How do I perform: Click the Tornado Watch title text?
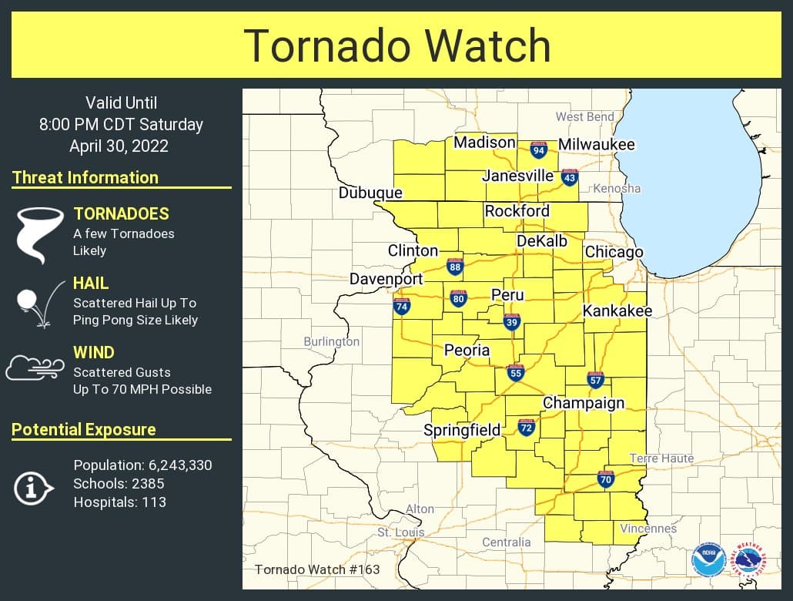pyautogui.click(x=396, y=45)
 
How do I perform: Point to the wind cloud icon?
pyautogui.click(x=35, y=368)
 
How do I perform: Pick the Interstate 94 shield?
pyautogui.click(x=539, y=149)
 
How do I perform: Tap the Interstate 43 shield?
pyautogui.click(x=569, y=177)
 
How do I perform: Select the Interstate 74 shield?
pyautogui.click(x=401, y=306)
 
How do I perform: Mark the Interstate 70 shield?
pyautogui.click(x=606, y=479)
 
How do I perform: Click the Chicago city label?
pyautogui.click(x=614, y=252)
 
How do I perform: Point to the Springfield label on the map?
pyautogui.click(x=463, y=430)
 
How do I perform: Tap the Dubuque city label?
pyautogui.click(x=370, y=193)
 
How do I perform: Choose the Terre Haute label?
pyautogui.click(x=661, y=458)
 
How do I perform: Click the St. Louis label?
pyautogui.click(x=400, y=532)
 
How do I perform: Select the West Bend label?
pyautogui.click(x=585, y=116)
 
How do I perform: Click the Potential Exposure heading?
pyautogui.click(x=84, y=429)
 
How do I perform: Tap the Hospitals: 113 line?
pyautogui.click(x=119, y=502)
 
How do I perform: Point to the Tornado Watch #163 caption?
pyautogui.click(x=317, y=569)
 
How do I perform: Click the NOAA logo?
pyautogui.click(x=708, y=560)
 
